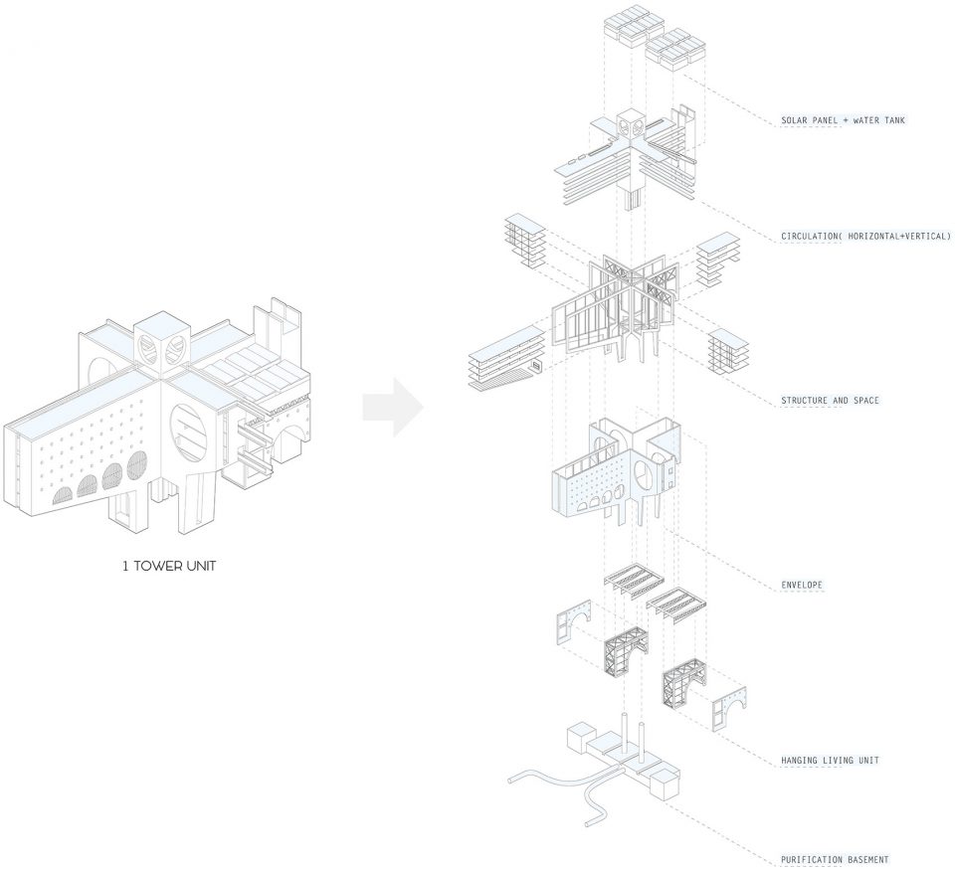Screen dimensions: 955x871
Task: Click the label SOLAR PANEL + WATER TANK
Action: click(x=843, y=120)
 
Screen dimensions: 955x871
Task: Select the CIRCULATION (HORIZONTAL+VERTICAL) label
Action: click(x=865, y=237)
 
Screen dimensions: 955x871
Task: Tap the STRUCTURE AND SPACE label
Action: click(x=830, y=401)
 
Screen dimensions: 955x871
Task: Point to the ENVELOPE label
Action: click(x=802, y=586)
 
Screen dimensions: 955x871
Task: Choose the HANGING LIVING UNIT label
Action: click(x=830, y=761)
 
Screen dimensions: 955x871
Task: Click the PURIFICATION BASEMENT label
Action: click(x=835, y=860)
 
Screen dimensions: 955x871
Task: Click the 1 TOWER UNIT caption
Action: click(x=169, y=566)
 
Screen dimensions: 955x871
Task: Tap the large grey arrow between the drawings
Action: click(x=393, y=408)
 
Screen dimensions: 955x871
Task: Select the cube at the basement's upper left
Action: click(x=581, y=738)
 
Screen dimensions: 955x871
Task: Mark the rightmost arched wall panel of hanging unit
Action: click(x=729, y=709)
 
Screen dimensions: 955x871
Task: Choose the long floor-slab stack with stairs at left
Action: click(x=505, y=359)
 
